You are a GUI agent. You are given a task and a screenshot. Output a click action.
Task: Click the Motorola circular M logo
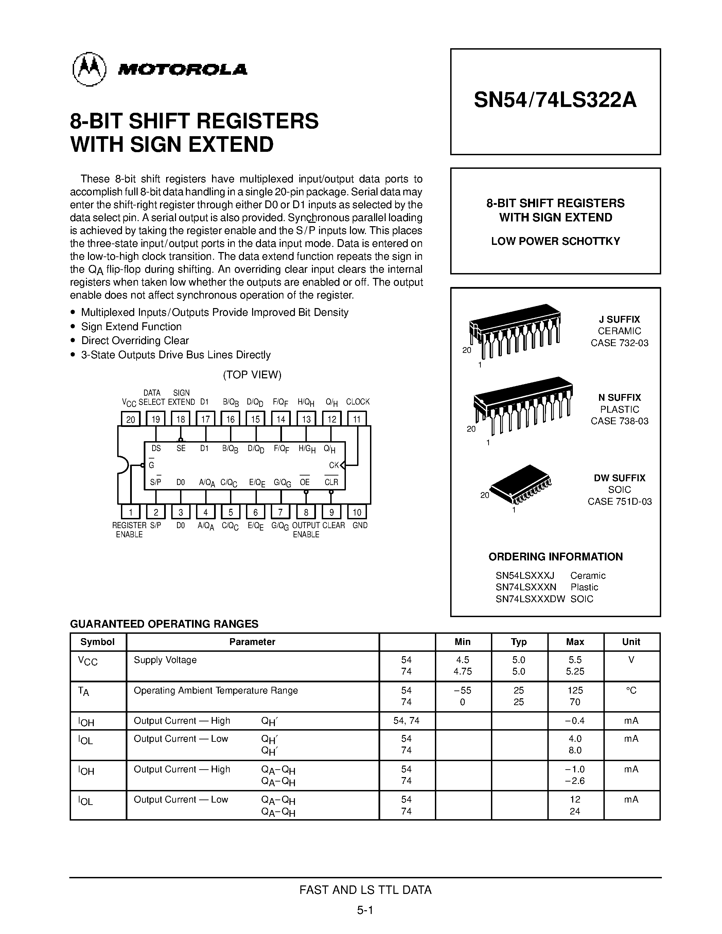(x=89, y=69)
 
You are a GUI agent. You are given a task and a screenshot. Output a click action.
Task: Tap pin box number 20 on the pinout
(x=130, y=419)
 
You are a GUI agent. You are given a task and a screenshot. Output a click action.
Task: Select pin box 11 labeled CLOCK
(x=357, y=419)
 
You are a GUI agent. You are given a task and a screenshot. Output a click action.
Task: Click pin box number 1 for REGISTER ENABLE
(x=130, y=512)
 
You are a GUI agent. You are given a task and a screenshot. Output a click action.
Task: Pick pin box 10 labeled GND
(x=357, y=512)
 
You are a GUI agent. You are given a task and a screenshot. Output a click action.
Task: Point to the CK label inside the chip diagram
(x=334, y=465)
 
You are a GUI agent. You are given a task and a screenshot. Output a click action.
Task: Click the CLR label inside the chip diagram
(x=331, y=482)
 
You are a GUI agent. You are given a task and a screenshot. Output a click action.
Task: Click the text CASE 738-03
(x=619, y=421)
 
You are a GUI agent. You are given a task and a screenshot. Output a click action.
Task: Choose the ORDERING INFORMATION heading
(x=555, y=556)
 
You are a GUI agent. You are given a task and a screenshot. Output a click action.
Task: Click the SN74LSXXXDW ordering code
(x=530, y=599)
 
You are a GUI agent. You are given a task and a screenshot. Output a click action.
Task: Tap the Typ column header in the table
(x=518, y=642)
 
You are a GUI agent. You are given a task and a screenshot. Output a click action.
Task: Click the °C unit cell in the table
(x=631, y=690)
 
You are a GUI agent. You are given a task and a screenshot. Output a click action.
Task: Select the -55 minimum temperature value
(x=462, y=690)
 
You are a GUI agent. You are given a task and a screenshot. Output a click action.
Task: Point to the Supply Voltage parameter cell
(x=165, y=660)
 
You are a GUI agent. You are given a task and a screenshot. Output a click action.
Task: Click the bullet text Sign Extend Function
(x=131, y=327)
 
